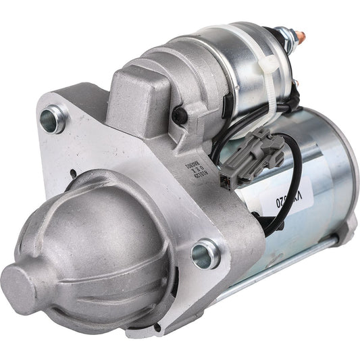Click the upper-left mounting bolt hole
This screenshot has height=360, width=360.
click(53, 121)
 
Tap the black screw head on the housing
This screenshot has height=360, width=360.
click(178, 116)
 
